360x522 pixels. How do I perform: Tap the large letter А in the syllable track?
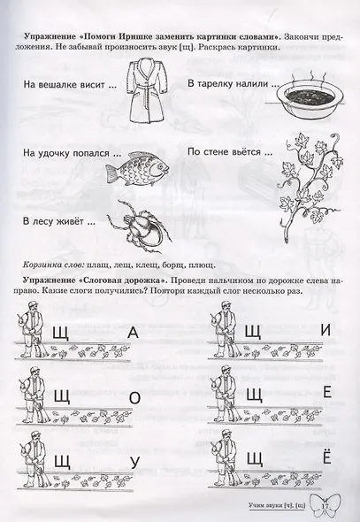(134, 333)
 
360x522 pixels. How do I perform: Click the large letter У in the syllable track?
(134, 460)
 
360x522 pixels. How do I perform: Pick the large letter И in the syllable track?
(326, 331)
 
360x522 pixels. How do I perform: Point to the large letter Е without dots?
(326, 395)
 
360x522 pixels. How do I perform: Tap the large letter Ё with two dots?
(326, 458)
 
